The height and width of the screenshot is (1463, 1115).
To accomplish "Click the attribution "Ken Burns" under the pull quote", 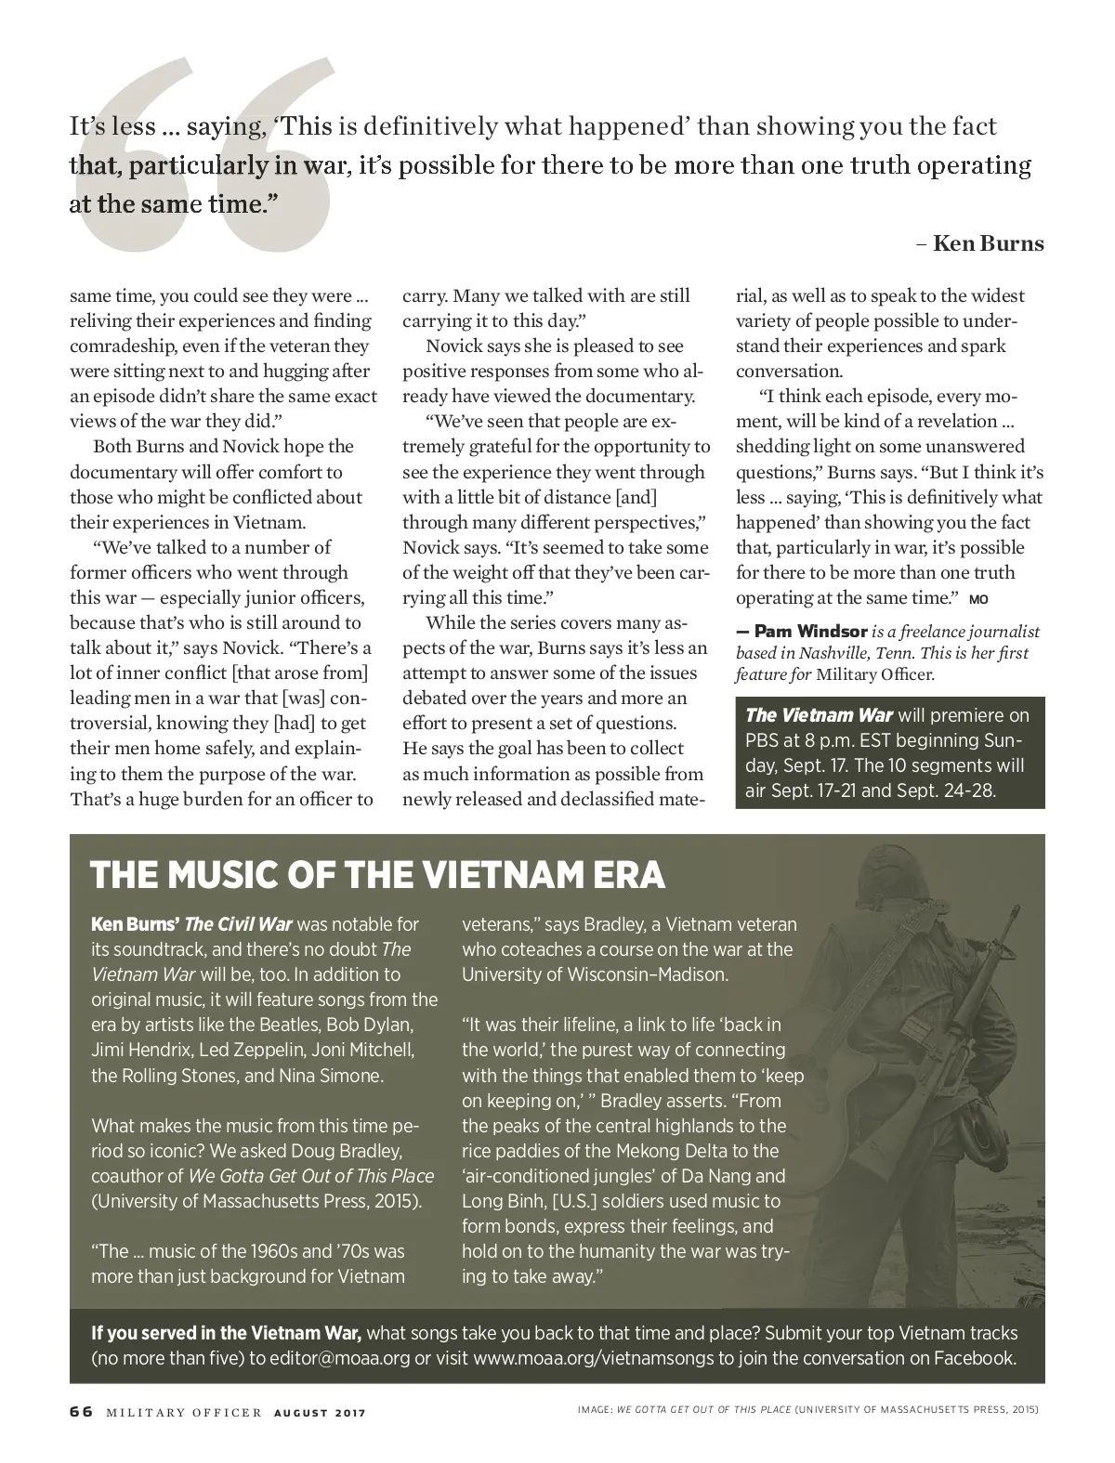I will point(988,244).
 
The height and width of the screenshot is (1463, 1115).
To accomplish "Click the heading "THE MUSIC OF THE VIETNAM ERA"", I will point(377,875).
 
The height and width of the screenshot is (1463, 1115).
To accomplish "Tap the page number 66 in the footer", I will point(81,1412).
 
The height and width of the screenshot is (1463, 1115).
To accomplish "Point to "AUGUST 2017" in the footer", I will point(320,1413).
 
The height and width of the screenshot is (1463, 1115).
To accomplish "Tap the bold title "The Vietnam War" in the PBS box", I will point(819,715).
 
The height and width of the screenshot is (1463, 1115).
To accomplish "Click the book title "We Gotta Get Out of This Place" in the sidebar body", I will point(311,1176).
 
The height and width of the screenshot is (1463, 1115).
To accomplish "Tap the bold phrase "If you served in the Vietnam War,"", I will point(227,1333).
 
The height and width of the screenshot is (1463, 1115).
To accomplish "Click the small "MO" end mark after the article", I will point(978,598).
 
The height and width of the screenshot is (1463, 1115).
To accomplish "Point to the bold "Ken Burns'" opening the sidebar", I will point(135,924).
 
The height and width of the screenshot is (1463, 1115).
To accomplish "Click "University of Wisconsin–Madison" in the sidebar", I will point(596,975).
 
